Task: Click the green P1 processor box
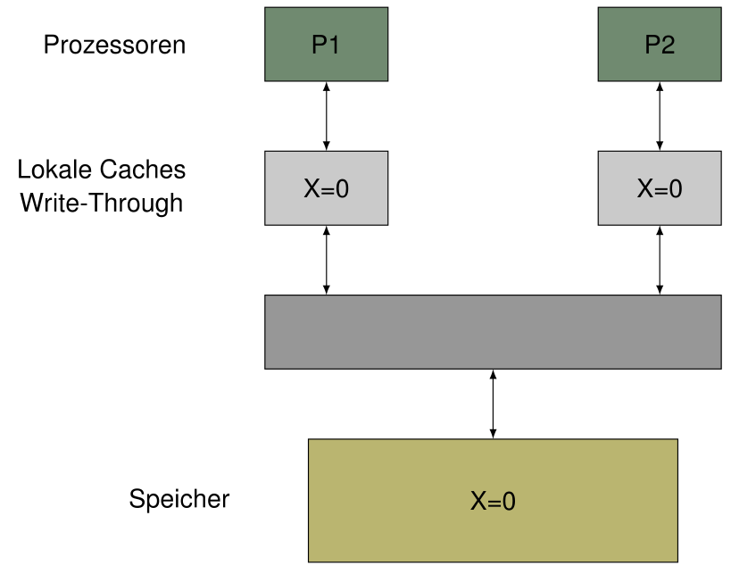coord(326,44)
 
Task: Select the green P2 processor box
coord(659,44)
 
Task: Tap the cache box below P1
coord(326,187)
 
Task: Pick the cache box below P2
coord(659,187)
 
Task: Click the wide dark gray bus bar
coord(493,331)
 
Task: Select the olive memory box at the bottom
coord(493,500)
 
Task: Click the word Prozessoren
coord(114,45)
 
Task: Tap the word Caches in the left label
coord(143,170)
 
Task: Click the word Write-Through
coord(101,203)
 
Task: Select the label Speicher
coord(179,499)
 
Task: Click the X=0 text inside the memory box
coord(493,502)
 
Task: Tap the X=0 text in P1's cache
coord(326,189)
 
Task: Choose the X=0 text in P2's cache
coord(659,189)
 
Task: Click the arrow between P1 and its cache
coord(326,116)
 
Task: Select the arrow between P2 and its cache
coord(660,116)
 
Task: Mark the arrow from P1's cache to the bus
coord(326,260)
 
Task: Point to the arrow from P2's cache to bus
coord(660,260)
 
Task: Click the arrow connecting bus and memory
coord(493,403)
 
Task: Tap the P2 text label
coord(659,46)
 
